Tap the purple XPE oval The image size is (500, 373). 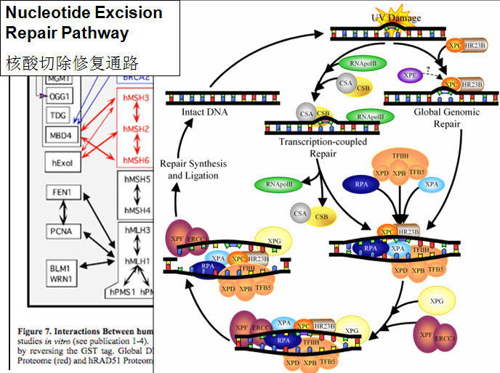(410, 75)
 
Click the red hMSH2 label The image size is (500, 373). (136, 129)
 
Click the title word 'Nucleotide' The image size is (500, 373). (49, 13)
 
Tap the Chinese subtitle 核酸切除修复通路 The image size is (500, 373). (72, 62)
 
